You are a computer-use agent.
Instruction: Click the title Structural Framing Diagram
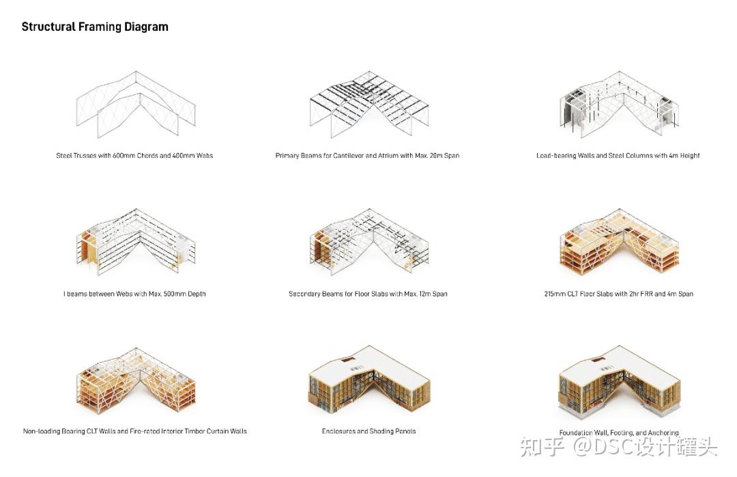tap(95, 27)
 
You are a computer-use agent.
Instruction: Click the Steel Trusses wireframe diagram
tap(136, 105)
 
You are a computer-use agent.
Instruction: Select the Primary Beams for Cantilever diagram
tap(369, 105)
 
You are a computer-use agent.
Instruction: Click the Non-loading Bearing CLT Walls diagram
tap(136, 383)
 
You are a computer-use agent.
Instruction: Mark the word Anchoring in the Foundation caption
tap(663, 433)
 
